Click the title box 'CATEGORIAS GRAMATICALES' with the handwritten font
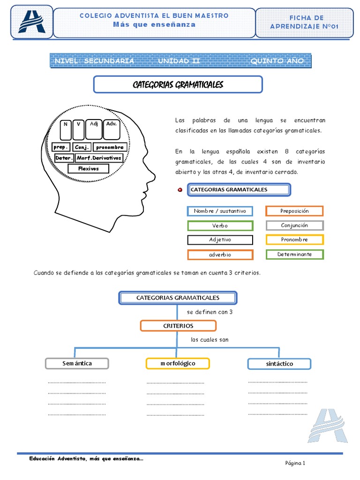point(178,85)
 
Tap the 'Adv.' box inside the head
point(111,130)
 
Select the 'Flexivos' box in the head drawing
point(89,169)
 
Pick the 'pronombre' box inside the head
point(110,147)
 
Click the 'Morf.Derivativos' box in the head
point(99,158)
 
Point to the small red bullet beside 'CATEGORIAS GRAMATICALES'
point(180,190)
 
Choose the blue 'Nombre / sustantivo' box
point(220,211)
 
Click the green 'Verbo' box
point(220,225)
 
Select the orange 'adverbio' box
point(220,255)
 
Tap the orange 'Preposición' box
point(294,211)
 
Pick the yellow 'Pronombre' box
point(294,240)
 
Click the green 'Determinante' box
point(294,255)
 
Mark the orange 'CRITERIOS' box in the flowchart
point(178,326)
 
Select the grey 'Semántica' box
point(77,363)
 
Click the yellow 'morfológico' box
point(178,363)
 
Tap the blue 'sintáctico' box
point(279,364)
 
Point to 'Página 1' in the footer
point(295,464)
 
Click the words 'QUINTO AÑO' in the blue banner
point(277,61)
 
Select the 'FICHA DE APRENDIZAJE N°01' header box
point(310,22)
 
